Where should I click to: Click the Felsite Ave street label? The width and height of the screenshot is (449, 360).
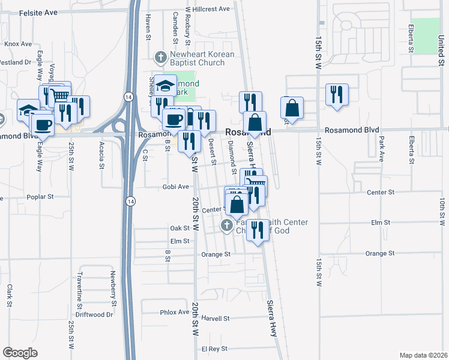pyautogui.click(x=38, y=12)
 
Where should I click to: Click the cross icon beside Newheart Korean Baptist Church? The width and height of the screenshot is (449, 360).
pyautogui.click(x=160, y=57)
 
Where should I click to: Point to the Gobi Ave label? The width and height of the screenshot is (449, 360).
pyautogui.click(x=175, y=187)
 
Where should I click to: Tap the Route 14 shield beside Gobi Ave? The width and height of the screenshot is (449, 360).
pyautogui.click(x=130, y=202)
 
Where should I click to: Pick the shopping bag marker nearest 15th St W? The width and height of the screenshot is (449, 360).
pyautogui.click(x=292, y=108)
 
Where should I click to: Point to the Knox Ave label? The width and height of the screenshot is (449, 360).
pyautogui.click(x=18, y=44)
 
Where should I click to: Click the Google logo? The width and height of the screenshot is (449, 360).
pyautogui.click(x=20, y=353)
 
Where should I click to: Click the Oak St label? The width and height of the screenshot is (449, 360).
pyautogui.click(x=179, y=228)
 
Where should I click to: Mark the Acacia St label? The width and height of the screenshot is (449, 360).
pyautogui.click(x=101, y=156)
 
